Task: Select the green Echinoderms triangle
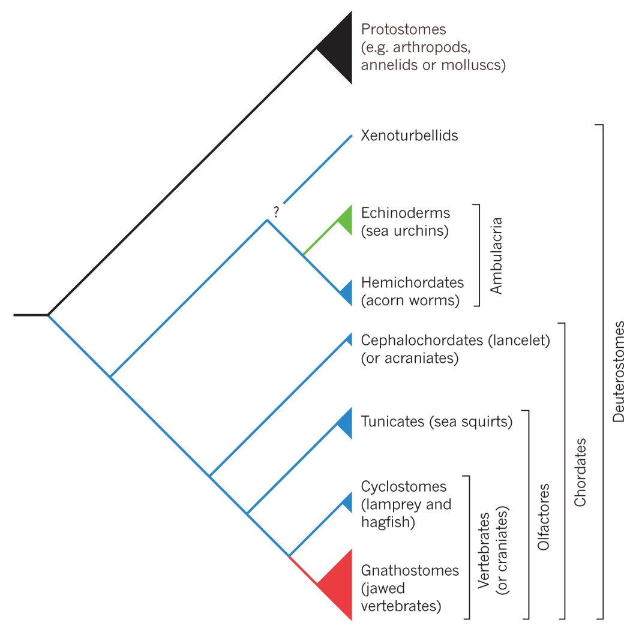coord(345,218)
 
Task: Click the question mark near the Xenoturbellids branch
coord(276,211)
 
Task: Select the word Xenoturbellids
coord(409,136)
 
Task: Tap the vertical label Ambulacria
coord(496,255)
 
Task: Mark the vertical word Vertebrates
coord(484,548)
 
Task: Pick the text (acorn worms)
coord(410,300)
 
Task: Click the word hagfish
coord(388,522)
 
